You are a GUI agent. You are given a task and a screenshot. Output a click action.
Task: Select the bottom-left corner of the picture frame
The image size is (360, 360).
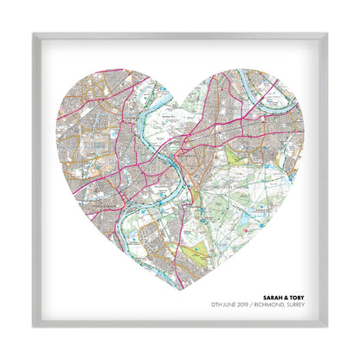point(34,327)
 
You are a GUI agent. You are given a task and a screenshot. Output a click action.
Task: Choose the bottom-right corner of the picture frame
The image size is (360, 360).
point(326,327)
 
